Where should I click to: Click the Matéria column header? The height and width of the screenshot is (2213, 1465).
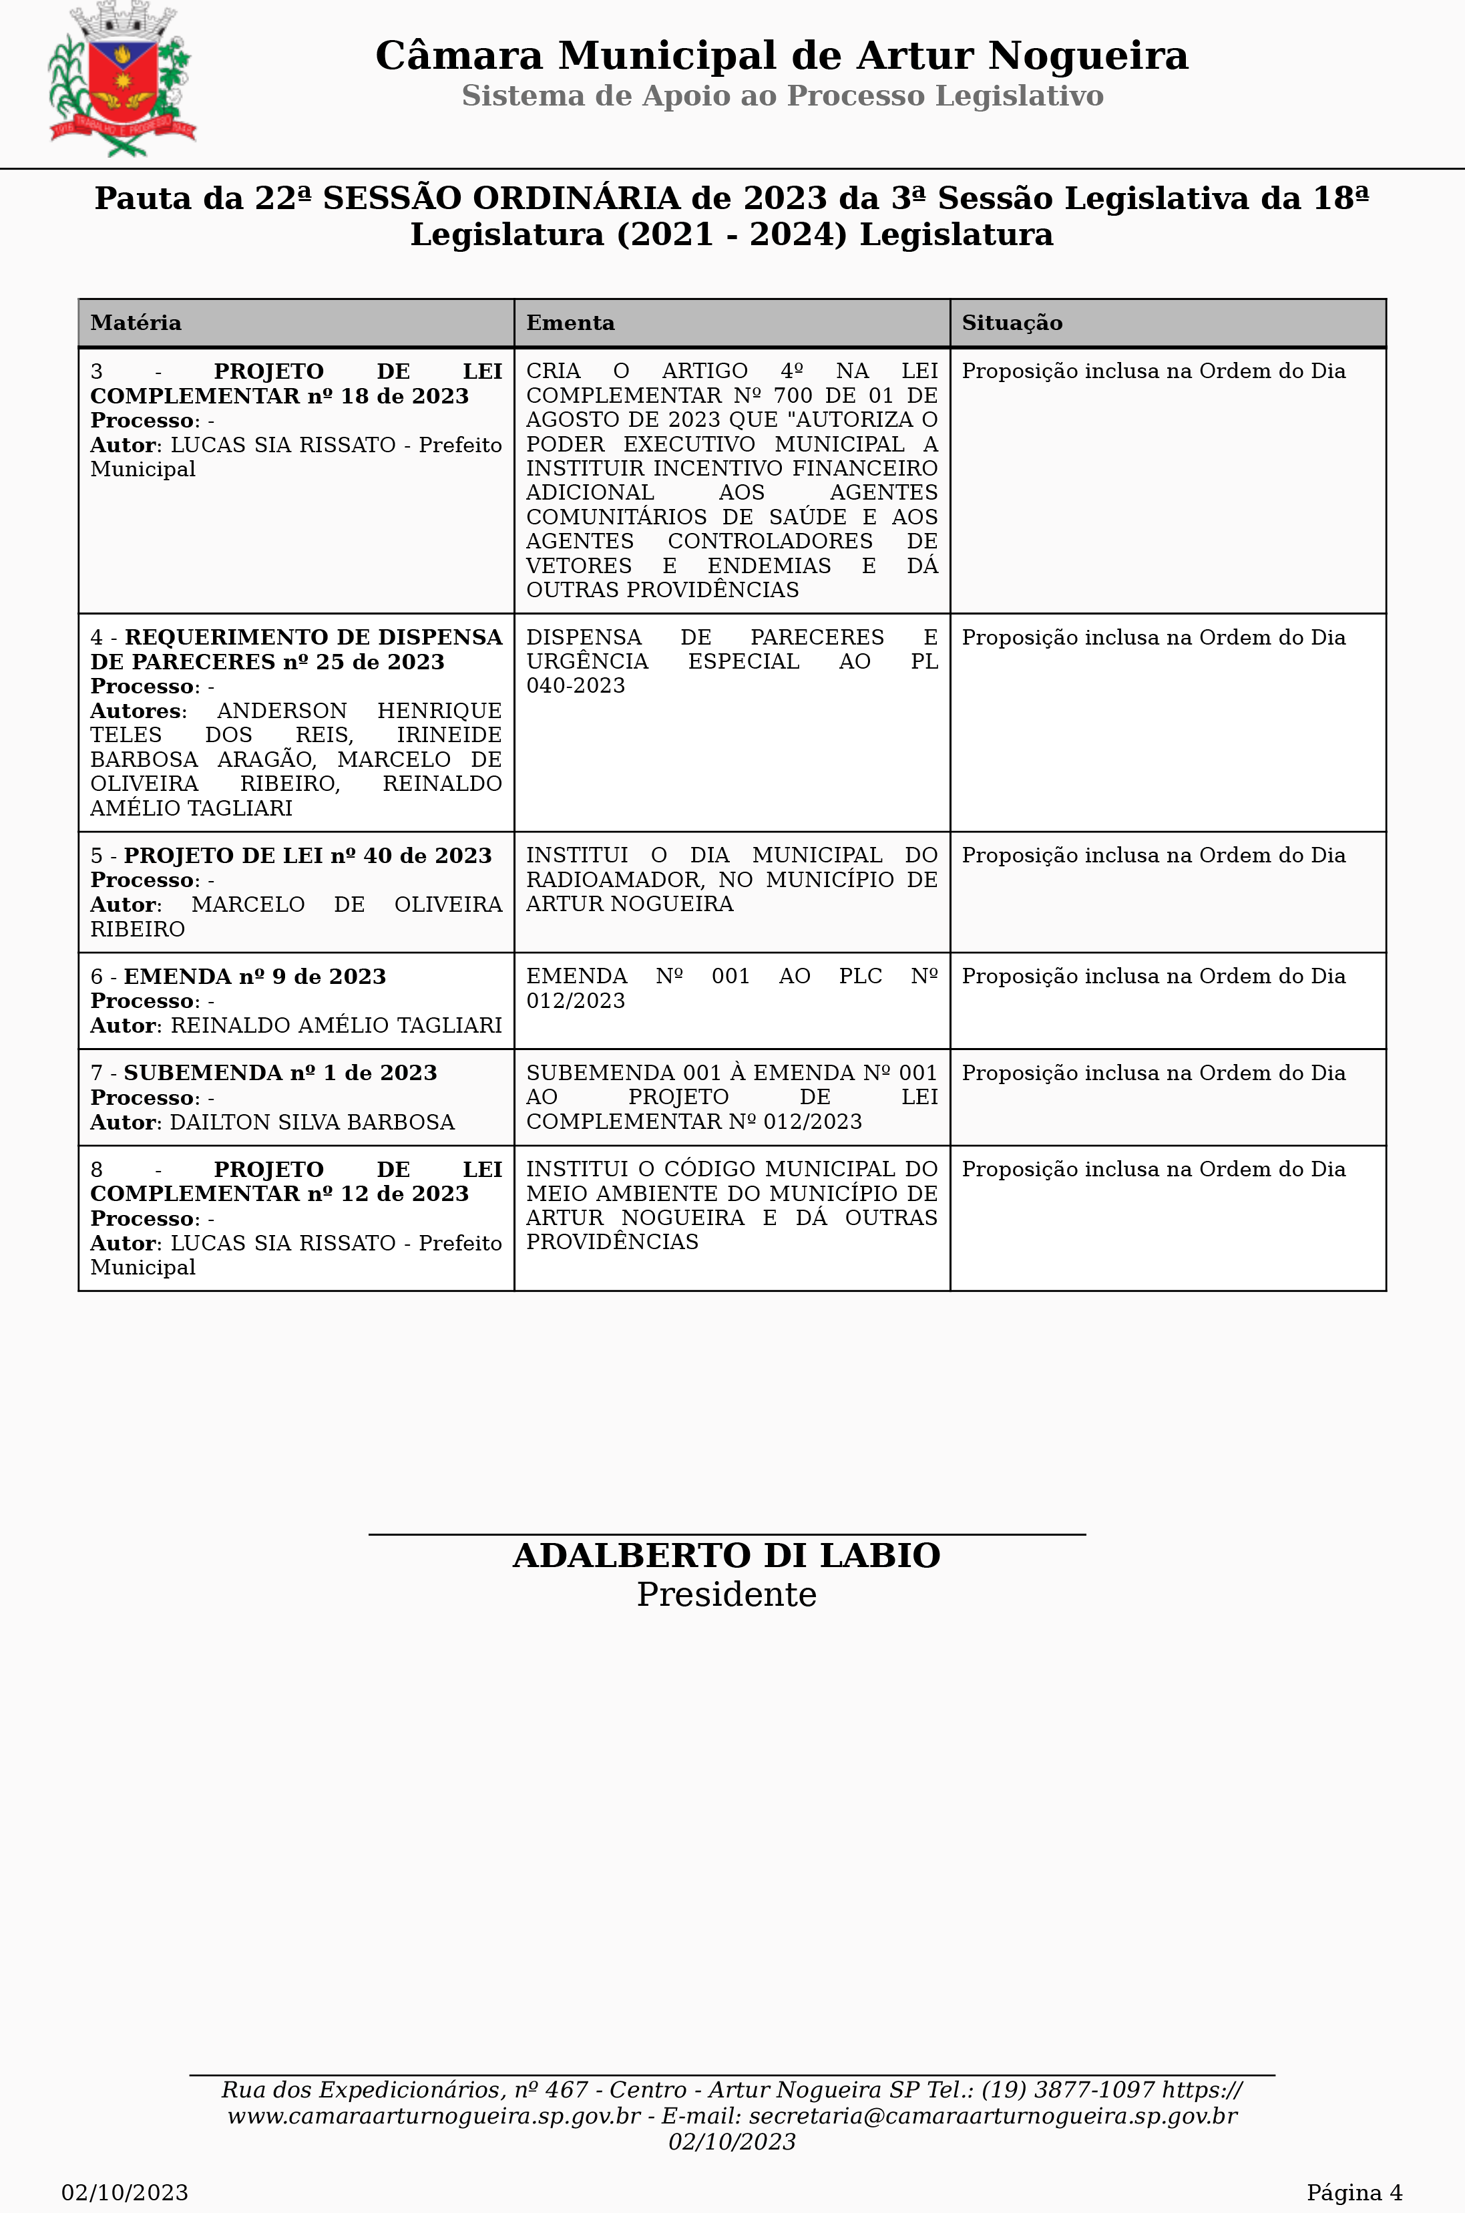136,323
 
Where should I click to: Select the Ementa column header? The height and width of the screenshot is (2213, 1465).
570,323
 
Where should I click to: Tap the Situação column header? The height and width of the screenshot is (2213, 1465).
1012,323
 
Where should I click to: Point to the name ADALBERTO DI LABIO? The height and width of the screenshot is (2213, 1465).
726,1556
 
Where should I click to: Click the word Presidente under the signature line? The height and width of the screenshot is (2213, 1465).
726,1595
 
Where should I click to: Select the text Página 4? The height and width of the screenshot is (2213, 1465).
1353,2192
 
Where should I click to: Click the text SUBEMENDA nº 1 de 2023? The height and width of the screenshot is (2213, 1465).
280,1073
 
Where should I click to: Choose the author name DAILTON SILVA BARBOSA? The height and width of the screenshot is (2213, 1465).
312,1122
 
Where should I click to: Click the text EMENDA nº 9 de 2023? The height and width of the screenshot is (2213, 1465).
254,977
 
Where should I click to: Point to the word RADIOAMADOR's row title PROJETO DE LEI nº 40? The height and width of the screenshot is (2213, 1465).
307,856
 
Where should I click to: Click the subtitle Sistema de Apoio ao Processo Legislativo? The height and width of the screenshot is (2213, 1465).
782,96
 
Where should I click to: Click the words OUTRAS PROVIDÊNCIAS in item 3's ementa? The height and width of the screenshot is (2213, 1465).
662,590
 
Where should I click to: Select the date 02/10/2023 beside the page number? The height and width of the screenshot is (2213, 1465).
124,2192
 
